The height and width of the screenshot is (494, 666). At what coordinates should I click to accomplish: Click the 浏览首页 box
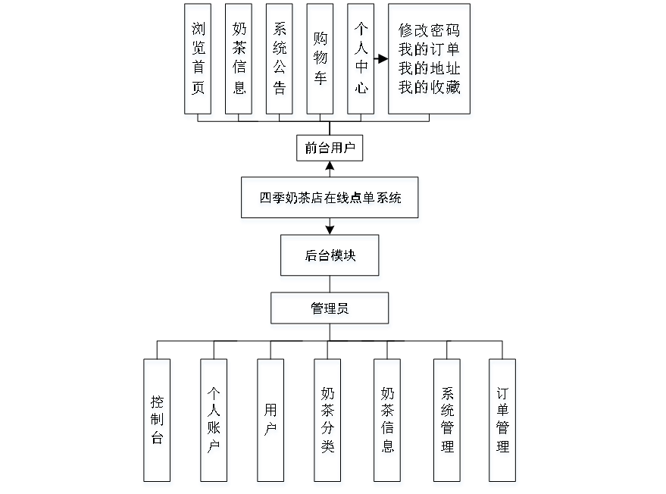[x=199, y=61]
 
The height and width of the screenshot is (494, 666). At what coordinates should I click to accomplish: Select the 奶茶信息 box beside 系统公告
[x=239, y=61]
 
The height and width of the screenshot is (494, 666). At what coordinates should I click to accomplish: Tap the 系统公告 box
[x=280, y=61]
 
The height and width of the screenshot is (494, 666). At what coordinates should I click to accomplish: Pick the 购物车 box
[x=321, y=61]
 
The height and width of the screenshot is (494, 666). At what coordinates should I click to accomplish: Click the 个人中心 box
[x=362, y=61]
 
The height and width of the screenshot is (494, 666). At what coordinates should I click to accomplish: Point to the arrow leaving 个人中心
[x=382, y=58]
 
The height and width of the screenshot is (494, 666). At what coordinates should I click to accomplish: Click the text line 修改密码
[x=430, y=33]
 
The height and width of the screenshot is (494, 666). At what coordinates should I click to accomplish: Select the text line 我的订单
[x=430, y=52]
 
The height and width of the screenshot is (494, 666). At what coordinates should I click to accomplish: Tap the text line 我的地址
[x=430, y=70]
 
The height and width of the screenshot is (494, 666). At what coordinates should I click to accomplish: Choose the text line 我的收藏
[x=430, y=88]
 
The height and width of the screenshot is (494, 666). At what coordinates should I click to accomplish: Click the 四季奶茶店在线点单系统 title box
[x=330, y=200]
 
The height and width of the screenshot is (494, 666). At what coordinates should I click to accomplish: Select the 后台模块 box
[x=330, y=258]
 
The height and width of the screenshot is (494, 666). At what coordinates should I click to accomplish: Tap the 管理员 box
[x=330, y=311]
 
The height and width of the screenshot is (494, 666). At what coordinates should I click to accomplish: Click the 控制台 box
[x=158, y=422]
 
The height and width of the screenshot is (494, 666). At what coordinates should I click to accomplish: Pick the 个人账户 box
[x=214, y=422]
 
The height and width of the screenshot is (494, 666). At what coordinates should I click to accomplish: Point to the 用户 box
[x=271, y=422]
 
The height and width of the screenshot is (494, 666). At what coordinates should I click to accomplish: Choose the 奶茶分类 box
[x=328, y=422]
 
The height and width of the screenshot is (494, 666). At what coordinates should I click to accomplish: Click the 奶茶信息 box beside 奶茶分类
[x=388, y=422]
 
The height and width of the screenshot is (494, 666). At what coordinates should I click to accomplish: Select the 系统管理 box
[x=448, y=422]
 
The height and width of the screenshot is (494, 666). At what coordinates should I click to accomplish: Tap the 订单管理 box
[x=503, y=422]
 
